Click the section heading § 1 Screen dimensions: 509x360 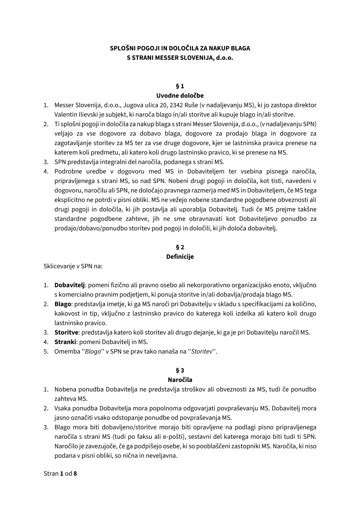[180, 86]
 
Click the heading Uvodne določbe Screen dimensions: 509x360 [180, 95]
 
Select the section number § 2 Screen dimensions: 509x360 [180, 247]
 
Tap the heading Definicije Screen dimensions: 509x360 [180, 257]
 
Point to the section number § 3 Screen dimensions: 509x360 [180, 370]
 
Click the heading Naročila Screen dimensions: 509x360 [180, 380]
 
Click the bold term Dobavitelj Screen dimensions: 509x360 [69, 285]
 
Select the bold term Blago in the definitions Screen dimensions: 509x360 [63, 304]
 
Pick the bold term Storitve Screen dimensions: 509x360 [66, 332]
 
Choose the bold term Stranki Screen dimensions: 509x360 [65, 342]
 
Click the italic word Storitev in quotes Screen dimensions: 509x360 [202, 351]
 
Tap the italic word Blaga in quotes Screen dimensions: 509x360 [93, 351]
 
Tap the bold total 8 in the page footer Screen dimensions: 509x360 [75, 473]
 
